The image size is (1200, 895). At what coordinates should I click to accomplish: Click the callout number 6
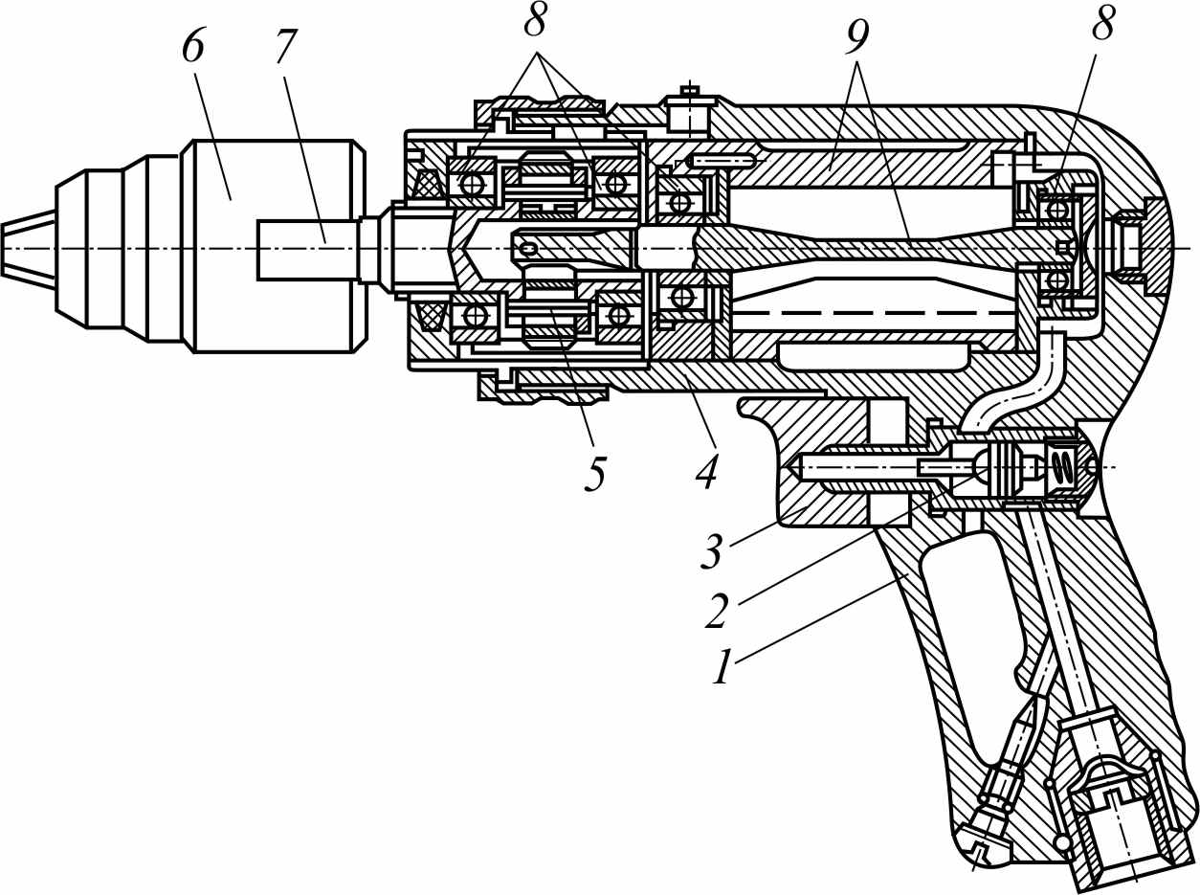[x=192, y=48]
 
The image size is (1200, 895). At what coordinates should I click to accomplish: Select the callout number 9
[x=856, y=36]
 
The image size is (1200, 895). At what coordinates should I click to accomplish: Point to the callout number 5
[x=595, y=473]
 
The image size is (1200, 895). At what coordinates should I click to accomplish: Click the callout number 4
[x=706, y=473]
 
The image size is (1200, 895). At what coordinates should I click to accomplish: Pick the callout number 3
[x=712, y=551]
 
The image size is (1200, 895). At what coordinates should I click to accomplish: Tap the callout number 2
[x=717, y=611]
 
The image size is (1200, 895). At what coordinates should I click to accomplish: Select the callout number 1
[x=722, y=667]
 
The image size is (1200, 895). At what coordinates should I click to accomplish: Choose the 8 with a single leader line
[x=1102, y=25]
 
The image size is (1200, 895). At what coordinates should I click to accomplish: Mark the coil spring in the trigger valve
[x=1056, y=467]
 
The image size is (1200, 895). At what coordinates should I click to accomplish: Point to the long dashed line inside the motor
[x=874, y=313]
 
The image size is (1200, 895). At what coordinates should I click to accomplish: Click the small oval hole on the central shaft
[x=529, y=249]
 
